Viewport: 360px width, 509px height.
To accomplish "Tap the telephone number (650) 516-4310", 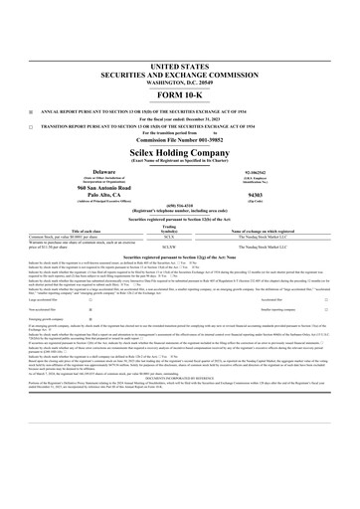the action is [x=180, y=207].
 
